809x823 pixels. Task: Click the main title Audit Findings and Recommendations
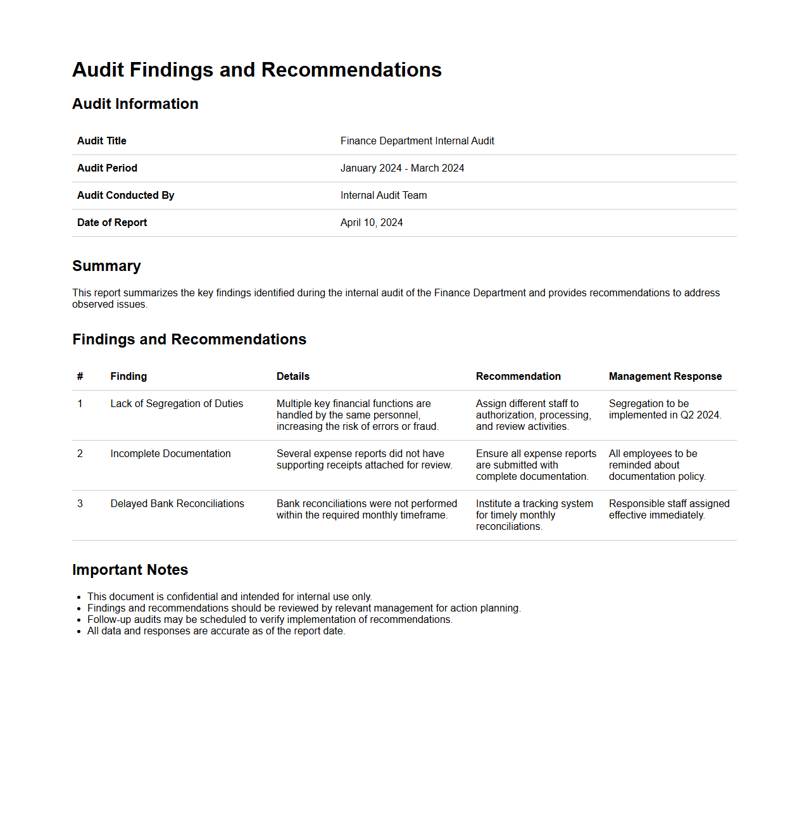tap(256, 70)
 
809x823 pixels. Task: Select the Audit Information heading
tap(135, 104)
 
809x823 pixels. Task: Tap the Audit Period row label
tap(107, 168)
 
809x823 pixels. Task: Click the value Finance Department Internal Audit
tap(417, 141)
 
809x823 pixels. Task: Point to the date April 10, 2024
tap(372, 222)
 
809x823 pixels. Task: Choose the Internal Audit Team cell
tap(384, 195)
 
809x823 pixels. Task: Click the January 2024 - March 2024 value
tap(402, 168)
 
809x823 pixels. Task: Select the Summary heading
tap(106, 266)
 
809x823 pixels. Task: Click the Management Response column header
tap(665, 376)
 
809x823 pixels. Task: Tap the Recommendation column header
tap(518, 376)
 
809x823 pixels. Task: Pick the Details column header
tap(293, 376)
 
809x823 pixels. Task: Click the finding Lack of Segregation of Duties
tap(177, 403)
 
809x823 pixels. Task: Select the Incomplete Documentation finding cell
tap(170, 453)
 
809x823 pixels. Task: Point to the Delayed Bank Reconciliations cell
tap(177, 503)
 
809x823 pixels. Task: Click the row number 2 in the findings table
tap(80, 453)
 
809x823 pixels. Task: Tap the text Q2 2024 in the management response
tap(699, 415)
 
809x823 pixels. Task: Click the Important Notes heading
tap(130, 570)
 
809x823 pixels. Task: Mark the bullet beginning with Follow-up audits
tap(270, 619)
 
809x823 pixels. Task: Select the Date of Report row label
tap(112, 222)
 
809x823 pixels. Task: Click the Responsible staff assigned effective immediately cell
tap(668, 509)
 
